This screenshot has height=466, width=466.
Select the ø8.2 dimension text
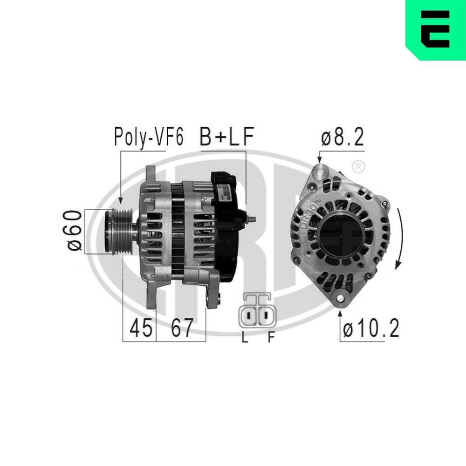click(x=342, y=137)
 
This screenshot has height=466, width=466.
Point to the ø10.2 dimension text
click(x=371, y=329)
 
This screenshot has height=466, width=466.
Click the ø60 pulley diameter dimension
click(x=75, y=231)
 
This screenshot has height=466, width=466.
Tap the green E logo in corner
click(x=435, y=29)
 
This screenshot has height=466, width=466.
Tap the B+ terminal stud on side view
click(x=250, y=218)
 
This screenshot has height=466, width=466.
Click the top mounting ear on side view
click(x=151, y=175)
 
